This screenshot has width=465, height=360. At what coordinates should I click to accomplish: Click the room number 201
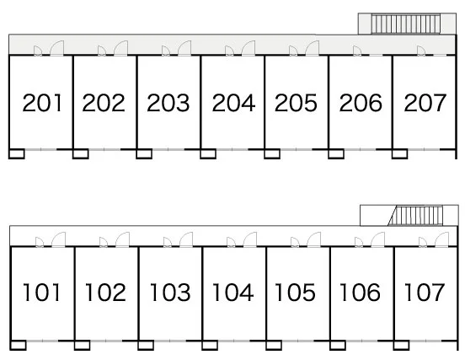[42, 103]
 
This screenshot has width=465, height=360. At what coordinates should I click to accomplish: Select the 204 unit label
[233, 103]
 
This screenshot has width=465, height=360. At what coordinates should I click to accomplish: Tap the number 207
[425, 103]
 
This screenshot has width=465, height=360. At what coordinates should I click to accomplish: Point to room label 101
[42, 293]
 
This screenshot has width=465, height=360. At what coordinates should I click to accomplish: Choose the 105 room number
[295, 293]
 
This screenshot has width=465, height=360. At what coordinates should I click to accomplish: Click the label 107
[425, 293]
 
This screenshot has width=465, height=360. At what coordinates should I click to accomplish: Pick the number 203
[168, 103]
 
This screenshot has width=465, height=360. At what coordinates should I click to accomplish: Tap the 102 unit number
[105, 293]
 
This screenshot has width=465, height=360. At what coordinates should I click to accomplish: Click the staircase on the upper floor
[406, 24]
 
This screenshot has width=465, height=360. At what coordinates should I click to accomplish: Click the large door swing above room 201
[57, 48]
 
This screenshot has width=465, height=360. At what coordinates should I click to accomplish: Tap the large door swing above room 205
[312, 48]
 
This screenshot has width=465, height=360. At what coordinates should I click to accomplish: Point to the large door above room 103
[186, 239]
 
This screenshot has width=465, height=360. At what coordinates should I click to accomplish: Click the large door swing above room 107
[442, 239]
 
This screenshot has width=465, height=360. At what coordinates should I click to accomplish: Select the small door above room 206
[357, 51]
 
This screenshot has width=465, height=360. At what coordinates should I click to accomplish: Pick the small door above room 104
[231, 242]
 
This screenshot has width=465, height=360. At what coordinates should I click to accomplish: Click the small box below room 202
[81, 153]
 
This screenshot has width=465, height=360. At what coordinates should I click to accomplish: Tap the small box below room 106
[338, 345]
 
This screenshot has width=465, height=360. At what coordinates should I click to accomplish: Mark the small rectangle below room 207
[400, 153]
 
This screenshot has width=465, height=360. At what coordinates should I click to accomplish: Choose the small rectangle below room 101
[18, 345]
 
